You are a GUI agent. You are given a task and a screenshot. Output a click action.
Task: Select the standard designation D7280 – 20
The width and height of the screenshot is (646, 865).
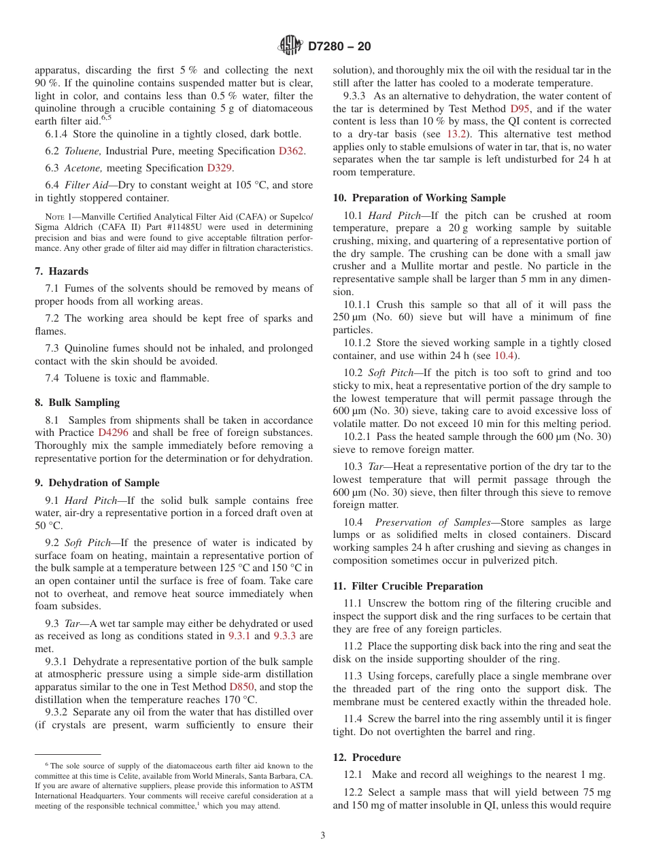339,47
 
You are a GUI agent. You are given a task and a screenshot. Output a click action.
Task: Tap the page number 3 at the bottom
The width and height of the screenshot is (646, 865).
323,835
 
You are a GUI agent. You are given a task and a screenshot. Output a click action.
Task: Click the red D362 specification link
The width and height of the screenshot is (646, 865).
292,151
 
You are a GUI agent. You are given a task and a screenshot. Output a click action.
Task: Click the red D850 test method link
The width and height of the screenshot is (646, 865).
242,687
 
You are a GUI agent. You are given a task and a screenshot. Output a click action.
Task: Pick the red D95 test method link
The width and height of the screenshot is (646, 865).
517,109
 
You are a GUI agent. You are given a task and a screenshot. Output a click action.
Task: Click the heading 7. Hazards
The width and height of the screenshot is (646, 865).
61,271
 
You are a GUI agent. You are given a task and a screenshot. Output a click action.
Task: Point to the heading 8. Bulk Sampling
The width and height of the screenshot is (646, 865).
77,403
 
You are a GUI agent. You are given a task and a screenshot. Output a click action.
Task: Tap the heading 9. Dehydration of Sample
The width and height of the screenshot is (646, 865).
97,483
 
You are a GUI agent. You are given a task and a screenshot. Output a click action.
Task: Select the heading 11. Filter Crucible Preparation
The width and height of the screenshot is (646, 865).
407,586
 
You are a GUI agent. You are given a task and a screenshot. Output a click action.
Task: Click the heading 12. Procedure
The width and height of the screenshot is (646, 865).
367,758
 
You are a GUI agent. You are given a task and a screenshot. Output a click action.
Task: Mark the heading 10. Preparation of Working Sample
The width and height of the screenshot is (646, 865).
419,198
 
